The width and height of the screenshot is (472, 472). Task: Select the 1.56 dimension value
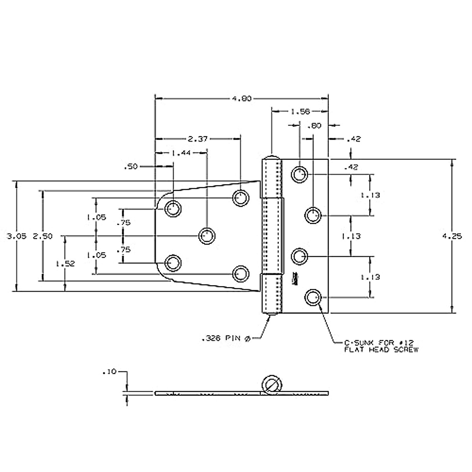[x=300, y=112]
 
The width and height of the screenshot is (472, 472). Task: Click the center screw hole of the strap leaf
[x=207, y=236]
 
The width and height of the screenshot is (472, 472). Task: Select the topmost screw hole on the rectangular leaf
[x=300, y=173]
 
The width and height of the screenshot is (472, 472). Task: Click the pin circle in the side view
[x=271, y=383]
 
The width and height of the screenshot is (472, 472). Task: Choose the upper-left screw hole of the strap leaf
[x=173, y=208]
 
